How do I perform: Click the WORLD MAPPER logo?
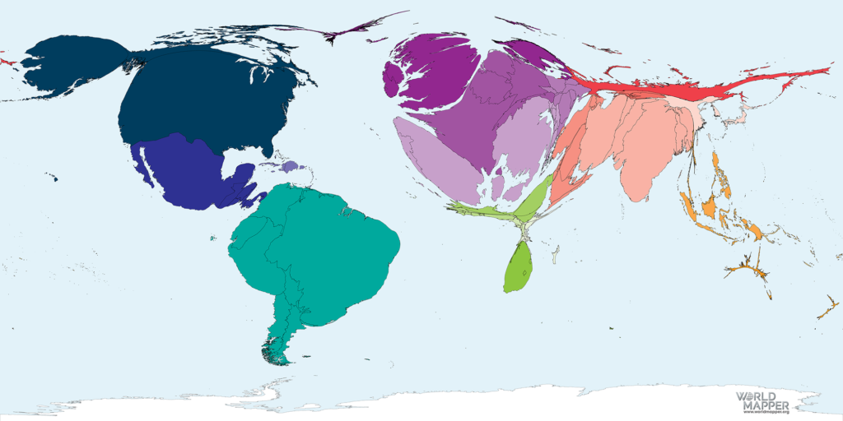[x=762, y=400]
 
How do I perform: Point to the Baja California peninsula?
[x=143, y=164]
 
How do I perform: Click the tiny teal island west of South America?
[x=212, y=239]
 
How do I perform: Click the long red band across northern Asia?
[x=659, y=87]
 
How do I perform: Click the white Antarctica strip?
[x=494, y=403]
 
